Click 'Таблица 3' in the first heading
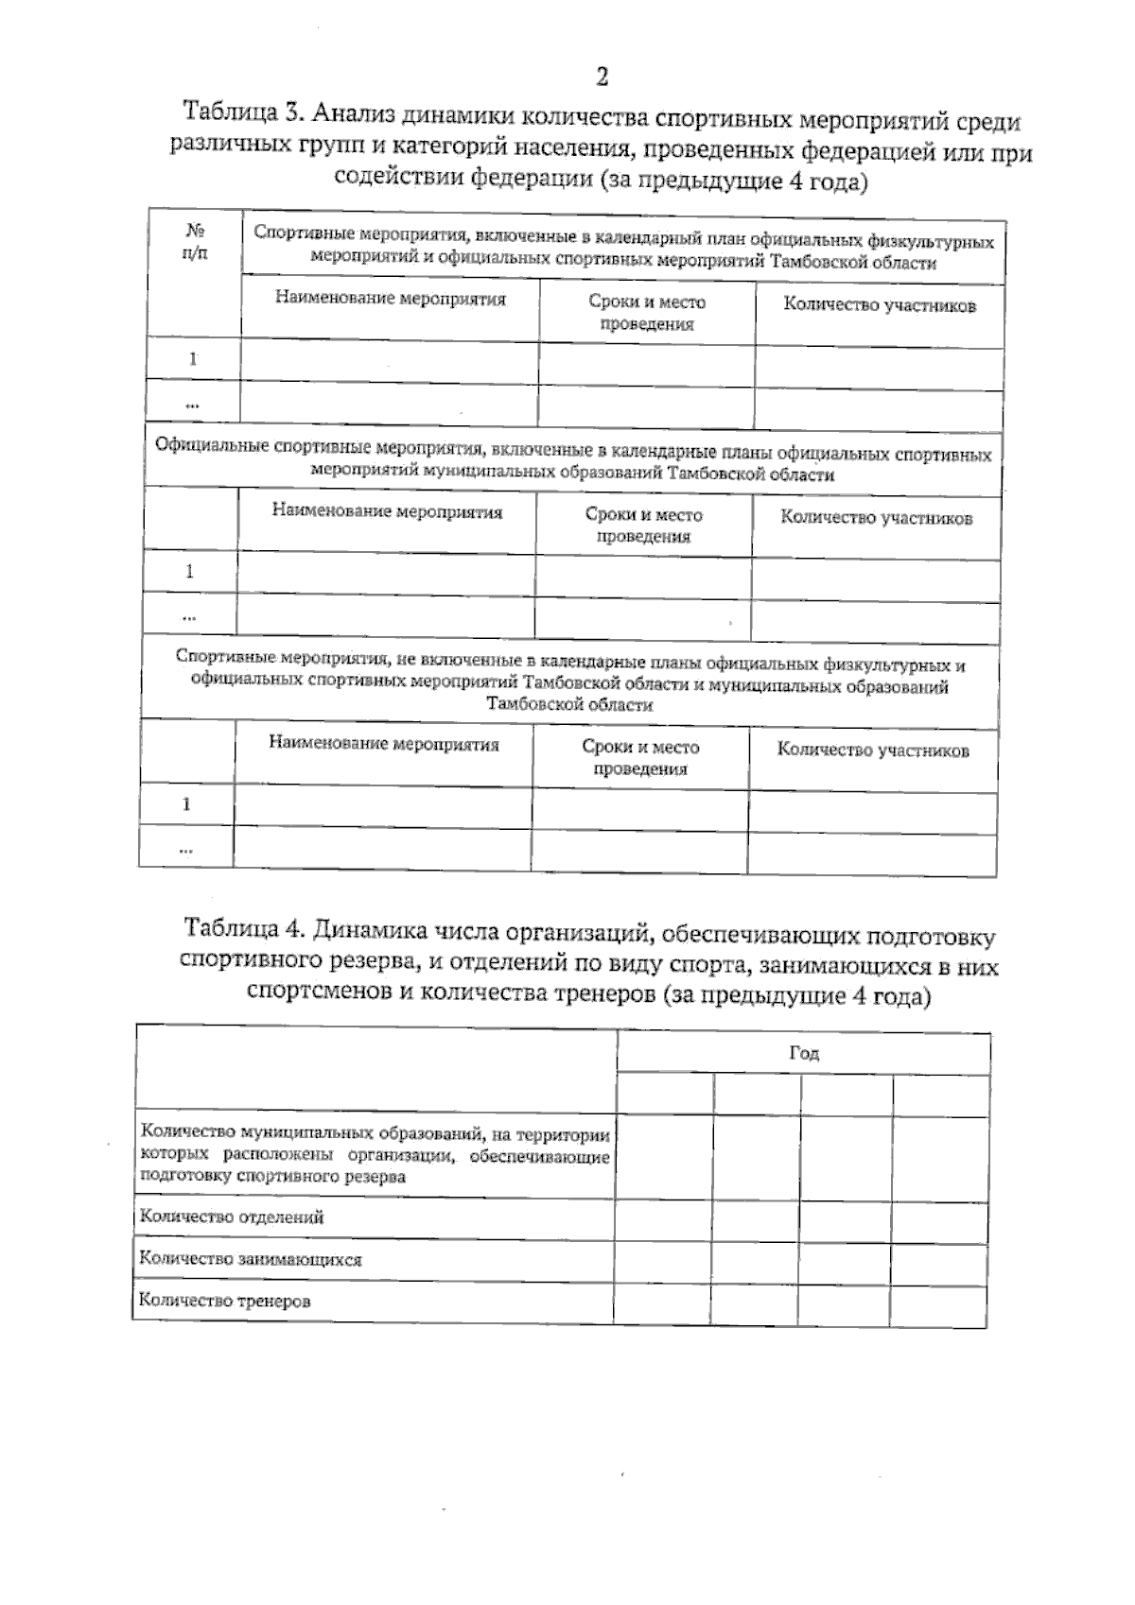pos(242,113)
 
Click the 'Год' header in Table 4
pos(804,1053)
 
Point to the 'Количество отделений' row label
pos(232,1217)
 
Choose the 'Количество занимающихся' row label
pos(251,1259)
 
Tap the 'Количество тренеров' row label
pos(225,1301)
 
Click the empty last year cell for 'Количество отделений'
pos(941,1221)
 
